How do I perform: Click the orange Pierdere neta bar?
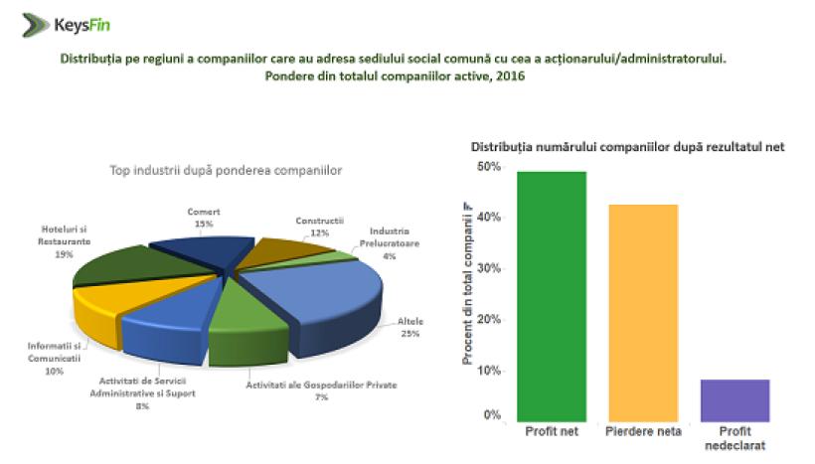(641, 313)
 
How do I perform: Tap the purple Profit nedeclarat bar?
(734, 399)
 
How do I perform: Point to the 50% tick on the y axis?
(488, 167)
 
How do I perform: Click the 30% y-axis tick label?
(488, 268)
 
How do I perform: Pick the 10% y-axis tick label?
(488, 371)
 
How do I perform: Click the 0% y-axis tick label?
(491, 414)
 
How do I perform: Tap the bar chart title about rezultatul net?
(627, 147)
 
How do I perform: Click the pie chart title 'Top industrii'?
(226, 170)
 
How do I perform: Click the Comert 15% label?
(203, 218)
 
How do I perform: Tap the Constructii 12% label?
(319, 226)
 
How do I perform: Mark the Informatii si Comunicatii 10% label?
(54, 358)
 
